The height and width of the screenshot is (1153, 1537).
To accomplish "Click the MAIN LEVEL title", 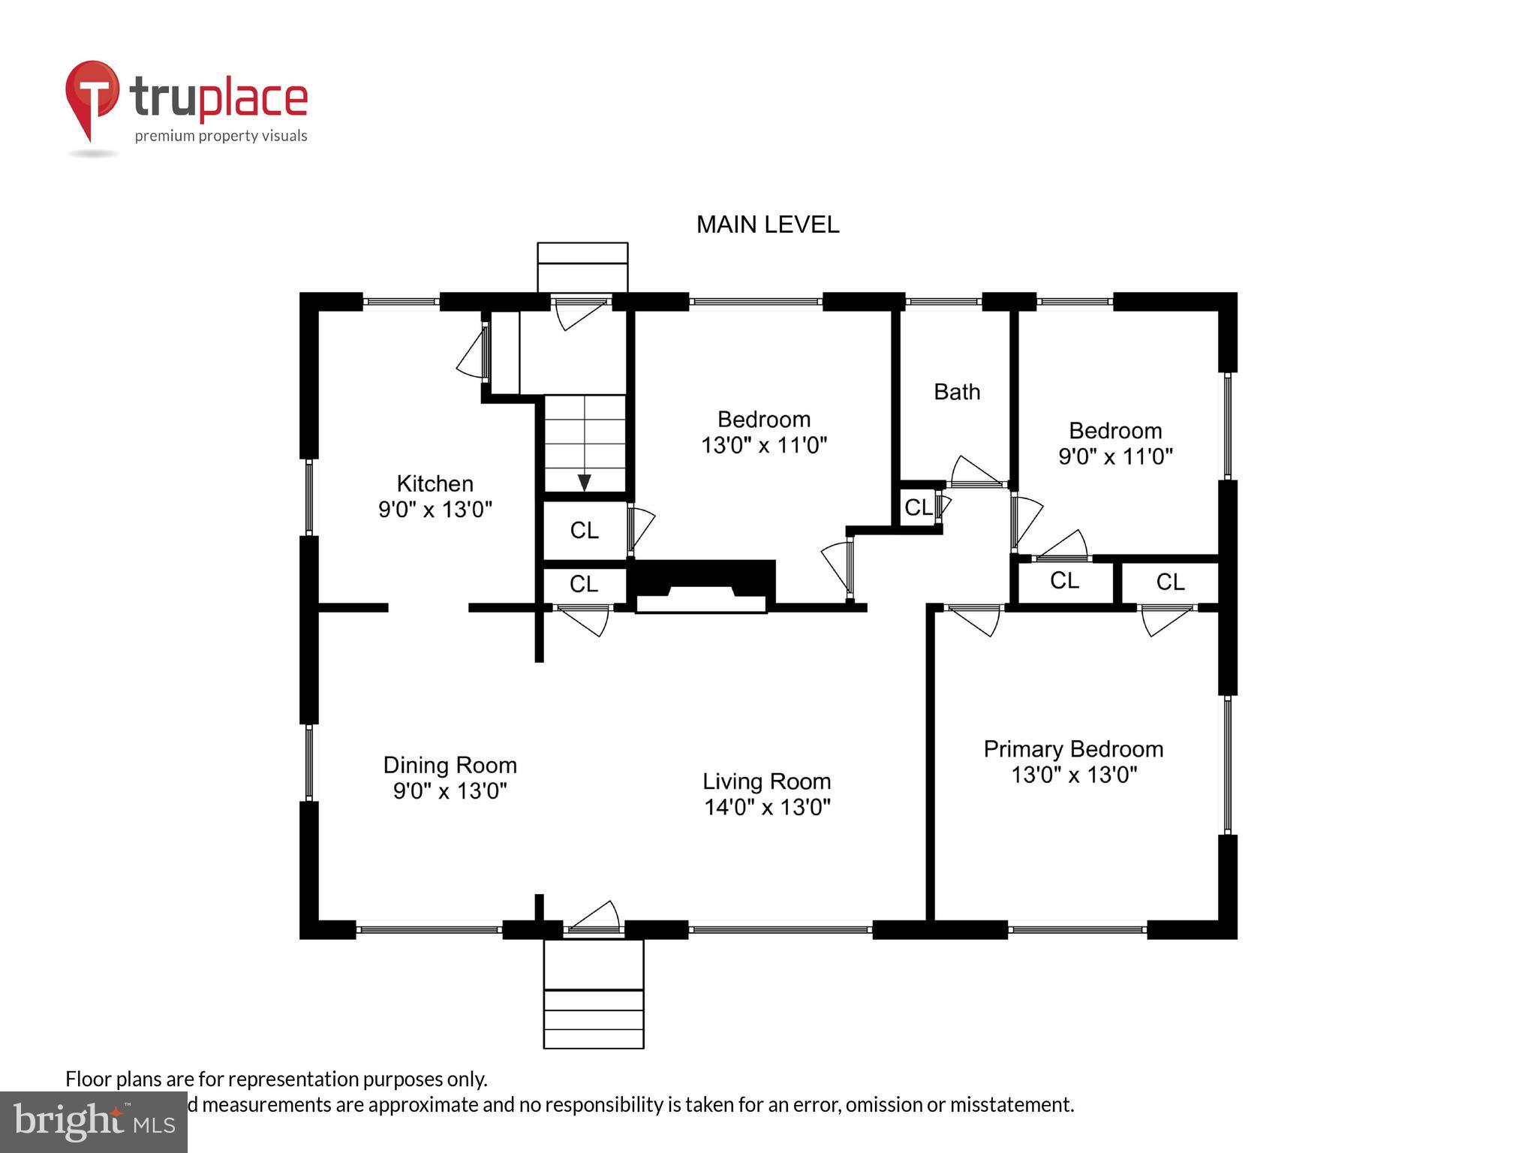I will tap(767, 224).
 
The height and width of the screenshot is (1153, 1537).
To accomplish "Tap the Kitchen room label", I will tap(435, 483).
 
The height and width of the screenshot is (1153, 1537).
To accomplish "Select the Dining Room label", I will tap(450, 765).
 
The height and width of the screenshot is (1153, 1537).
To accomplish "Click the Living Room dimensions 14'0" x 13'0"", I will tap(767, 808).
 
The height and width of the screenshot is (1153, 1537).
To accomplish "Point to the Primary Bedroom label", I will tap(1073, 748).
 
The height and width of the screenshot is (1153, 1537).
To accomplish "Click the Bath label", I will tap(956, 392).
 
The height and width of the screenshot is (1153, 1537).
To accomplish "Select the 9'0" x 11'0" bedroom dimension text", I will tap(1115, 456).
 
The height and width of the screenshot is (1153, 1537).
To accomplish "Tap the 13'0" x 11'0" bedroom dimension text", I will tap(764, 445).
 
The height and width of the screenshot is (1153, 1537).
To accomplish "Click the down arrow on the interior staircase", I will tap(584, 482).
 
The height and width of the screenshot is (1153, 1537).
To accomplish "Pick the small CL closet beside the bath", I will tap(918, 507).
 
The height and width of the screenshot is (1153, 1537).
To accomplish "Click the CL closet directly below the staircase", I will tap(584, 530).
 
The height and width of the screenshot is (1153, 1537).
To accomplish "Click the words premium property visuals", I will tap(221, 136).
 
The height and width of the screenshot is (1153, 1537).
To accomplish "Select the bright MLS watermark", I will tap(93, 1121).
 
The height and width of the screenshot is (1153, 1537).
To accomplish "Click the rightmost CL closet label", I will tap(1169, 581).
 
